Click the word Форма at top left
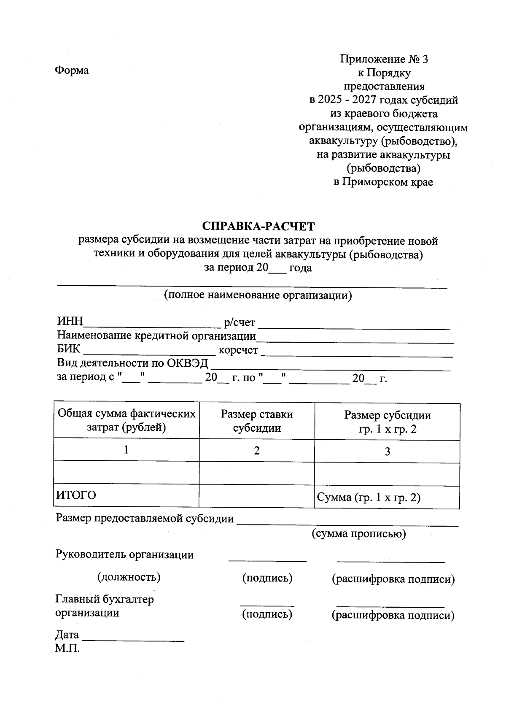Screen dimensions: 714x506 (x=72, y=70)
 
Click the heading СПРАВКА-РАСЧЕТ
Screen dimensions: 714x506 (x=258, y=227)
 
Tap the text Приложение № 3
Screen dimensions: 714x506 (x=384, y=59)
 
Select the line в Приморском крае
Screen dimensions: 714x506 (x=383, y=182)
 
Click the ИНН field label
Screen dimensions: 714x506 (x=70, y=322)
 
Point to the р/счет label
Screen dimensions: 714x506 (x=240, y=323)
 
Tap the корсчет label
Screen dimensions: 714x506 (x=238, y=350)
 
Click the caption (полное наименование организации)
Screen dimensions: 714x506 (x=258, y=295)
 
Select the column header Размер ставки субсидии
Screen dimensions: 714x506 (x=257, y=421)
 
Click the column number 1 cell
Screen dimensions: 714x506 (x=126, y=450)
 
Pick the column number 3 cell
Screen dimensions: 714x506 (x=387, y=452)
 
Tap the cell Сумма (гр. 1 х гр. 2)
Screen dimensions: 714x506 (x=369, y=498)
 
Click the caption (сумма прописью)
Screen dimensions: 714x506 (x=358, y=534)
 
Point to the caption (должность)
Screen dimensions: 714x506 (x=129, y=577)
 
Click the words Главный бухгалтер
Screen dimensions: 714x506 (x=105, y=599)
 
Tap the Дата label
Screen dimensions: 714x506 (x=67, y=635)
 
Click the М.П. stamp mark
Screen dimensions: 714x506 (x=67, y=648)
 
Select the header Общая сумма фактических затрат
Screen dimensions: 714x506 (x=126, y=420)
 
